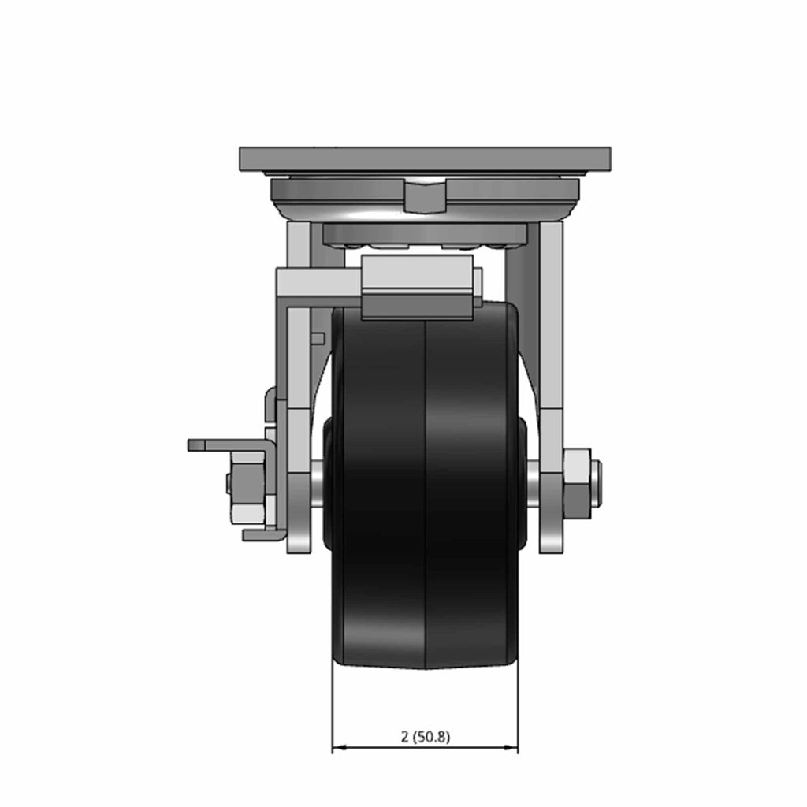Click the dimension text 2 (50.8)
pyautogui.click(x=425, y=737)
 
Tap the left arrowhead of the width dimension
pyautogui.click(x=339, y=747)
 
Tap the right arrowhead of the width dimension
pyautogui.click(x=511, y=747)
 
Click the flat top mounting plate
pyautogui.click(x=425, y=159)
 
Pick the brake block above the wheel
pyautogui.click(x=418, y=288)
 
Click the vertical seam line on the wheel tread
pyautogui.click(x=426, y=494)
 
